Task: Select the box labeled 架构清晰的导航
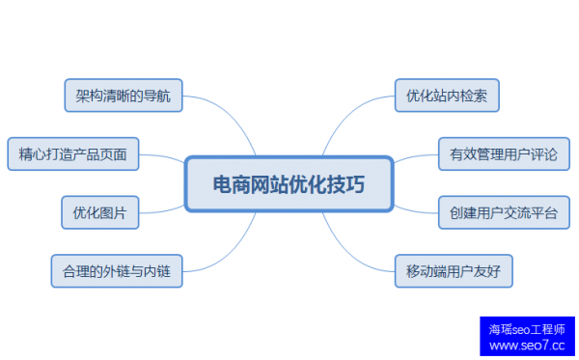pyautogui.click(x=123, y=97)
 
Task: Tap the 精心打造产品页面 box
pyautogui.click(x=73, y=152)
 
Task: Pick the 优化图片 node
pyautogui.click(x=100, y=210)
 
